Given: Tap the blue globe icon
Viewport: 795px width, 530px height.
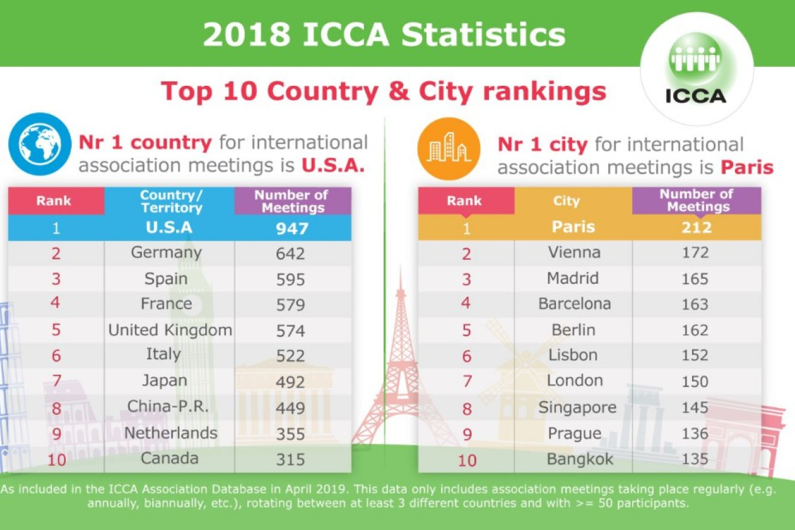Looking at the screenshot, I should pos(39,144).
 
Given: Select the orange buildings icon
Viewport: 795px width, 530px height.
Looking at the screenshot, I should pos(449,148).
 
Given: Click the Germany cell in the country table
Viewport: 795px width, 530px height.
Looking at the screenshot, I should pos(167,253).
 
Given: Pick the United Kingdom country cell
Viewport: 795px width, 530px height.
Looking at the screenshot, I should pos(170,330).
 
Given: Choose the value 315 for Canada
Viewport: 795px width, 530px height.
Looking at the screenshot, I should pos(290,459).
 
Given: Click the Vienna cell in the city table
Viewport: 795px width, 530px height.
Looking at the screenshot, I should pos(574,253).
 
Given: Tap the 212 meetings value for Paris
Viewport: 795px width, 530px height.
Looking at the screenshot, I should pos(696,227).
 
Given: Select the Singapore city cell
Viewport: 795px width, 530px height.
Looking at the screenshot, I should pos(577,408).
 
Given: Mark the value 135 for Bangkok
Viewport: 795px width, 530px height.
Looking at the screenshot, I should pos(695,459).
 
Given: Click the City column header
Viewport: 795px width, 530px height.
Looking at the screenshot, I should pos(566,201).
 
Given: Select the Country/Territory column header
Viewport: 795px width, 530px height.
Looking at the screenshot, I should pos(170,201).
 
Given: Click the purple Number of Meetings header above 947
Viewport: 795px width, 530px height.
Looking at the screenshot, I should pos(292,201).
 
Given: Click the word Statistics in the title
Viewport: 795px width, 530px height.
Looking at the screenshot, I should pos(483,35).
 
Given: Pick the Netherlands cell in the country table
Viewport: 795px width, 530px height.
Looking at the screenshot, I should pos(170,433).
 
